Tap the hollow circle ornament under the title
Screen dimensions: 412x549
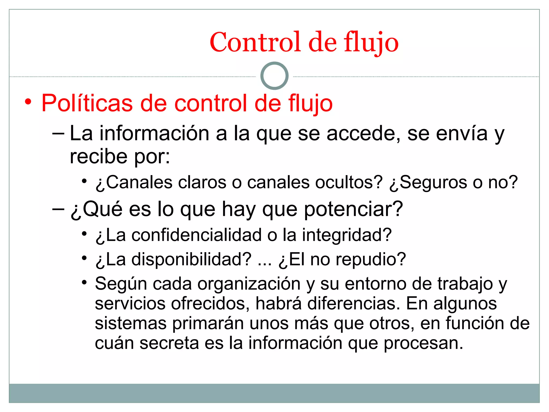point(274,76)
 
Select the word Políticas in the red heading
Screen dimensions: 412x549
point(87,103)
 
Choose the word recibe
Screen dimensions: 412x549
point(98,156)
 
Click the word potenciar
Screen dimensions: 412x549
point(353,209)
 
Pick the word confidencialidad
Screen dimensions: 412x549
point(196,235)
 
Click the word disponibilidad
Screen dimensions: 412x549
point(191,259)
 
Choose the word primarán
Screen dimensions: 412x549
point(208,323)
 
